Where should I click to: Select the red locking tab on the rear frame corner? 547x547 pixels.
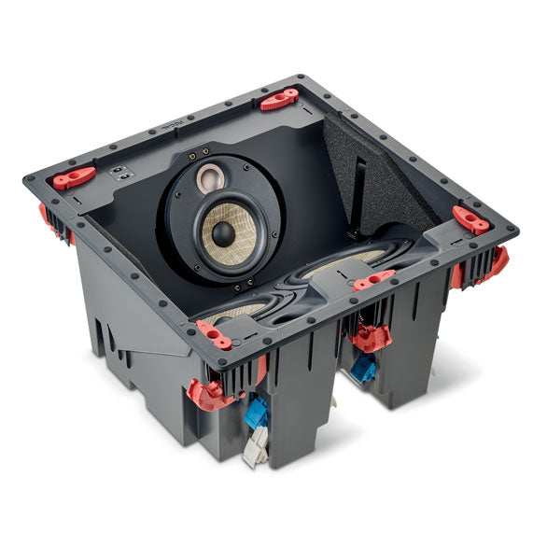(x=279, y=98)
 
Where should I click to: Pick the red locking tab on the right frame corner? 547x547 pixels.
(x=470, y=219)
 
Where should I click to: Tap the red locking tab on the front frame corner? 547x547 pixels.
(x=214, y=335)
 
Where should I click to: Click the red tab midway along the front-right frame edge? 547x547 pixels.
(x=373, y=279)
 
